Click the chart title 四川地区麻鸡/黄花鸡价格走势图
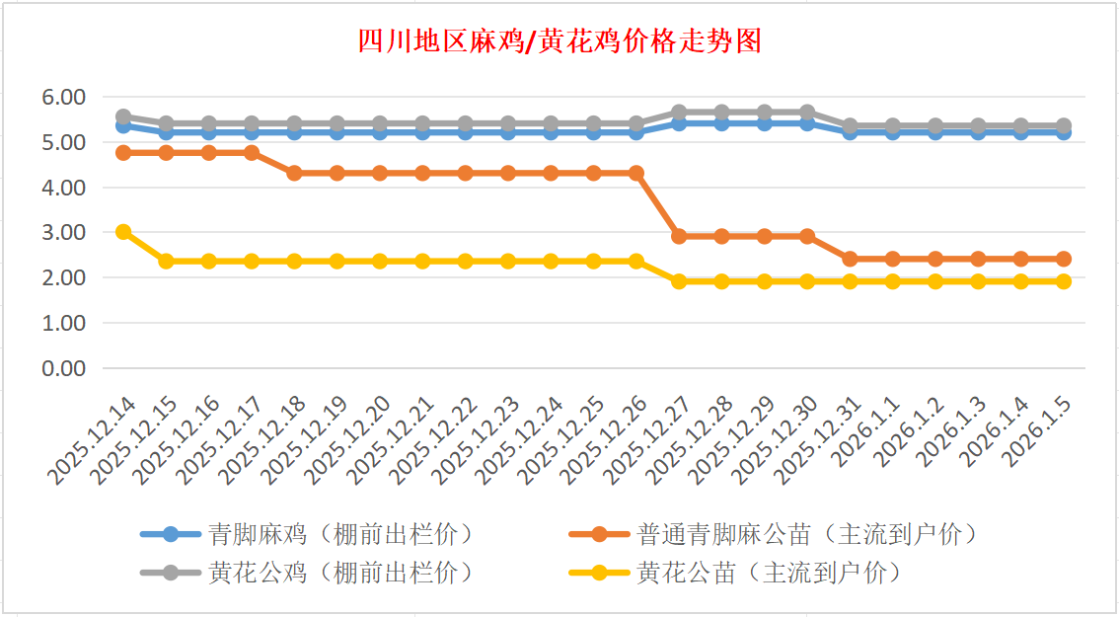coord(559,41)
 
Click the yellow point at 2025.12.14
coord(123,232)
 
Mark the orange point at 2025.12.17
coord(252,153)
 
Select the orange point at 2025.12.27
coord(679,237)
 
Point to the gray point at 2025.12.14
coord(123,116)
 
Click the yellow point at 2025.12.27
coord(679,281)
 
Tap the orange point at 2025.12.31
coord(850,259)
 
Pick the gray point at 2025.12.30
coord(807,113)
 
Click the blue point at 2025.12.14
coord(123,126)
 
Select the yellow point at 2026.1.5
coord(1064,281)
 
